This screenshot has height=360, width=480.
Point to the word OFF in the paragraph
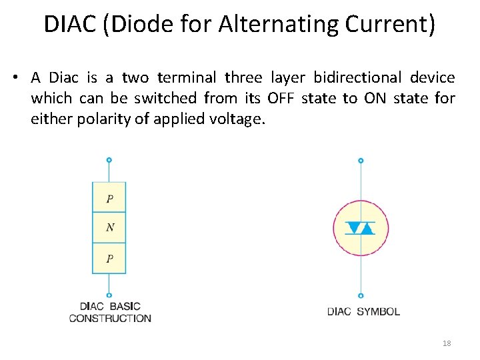[x=280, y=99]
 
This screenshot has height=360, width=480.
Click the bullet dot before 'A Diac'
[x=14, y=78]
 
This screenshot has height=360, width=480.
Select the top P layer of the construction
[x=109, y=198]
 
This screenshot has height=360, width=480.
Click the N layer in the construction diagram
[x=109, y=228]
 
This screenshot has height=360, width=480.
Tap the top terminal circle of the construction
[x=109, y=160]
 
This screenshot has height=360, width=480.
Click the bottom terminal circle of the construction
[x=109, y=295]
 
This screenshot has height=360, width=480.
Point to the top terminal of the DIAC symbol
[x=361, y=161]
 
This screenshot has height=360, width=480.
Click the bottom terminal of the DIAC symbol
[x=361, y=295]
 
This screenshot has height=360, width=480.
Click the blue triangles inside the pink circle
[x=361, y=228]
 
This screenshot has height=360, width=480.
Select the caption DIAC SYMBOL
[x=363, y=311]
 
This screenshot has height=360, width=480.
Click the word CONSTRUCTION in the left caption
[x=110, y=318]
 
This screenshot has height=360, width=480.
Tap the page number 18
[x=447, y=343]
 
